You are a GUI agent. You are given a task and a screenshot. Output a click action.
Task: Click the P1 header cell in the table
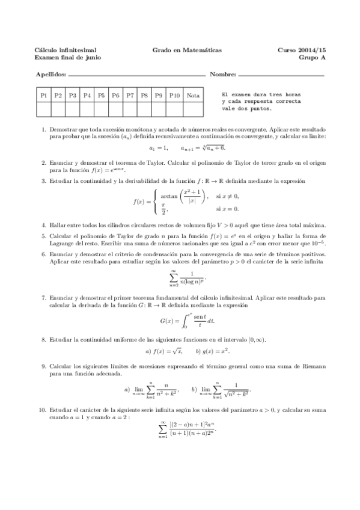coord(43,95)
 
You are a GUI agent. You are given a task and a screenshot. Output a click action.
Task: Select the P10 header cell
coord(174,95)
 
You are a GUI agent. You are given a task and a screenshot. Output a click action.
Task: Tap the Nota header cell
coord(193,95)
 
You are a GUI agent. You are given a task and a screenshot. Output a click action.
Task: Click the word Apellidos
coord(50,76)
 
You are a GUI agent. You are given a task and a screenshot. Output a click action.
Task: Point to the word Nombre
coord(222,76)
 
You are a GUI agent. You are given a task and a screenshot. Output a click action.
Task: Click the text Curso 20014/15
coord(301,50)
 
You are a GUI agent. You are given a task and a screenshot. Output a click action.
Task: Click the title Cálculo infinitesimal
coord(66,50)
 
